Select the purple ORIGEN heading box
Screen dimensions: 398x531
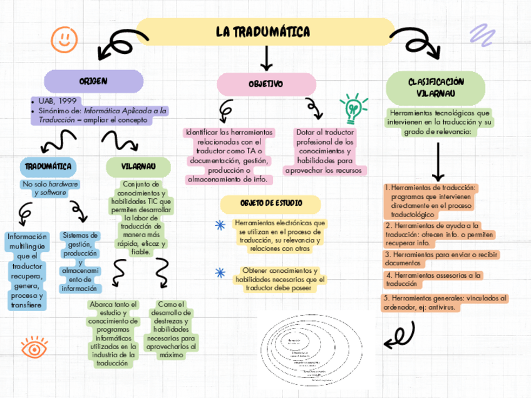click(x=93, y=81)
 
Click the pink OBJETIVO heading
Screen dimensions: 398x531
click(x=266, y=84)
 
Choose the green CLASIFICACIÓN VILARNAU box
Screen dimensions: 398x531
click(x=436, y=88)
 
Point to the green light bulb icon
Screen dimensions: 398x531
click(x=353, y=108)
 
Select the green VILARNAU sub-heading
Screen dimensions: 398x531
click(x=138, y=166)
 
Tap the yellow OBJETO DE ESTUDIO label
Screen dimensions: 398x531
click(x=271, y=204)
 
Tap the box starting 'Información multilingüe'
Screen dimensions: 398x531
click(x=26, y=271)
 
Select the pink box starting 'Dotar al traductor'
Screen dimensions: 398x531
click(x=325, y=151)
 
